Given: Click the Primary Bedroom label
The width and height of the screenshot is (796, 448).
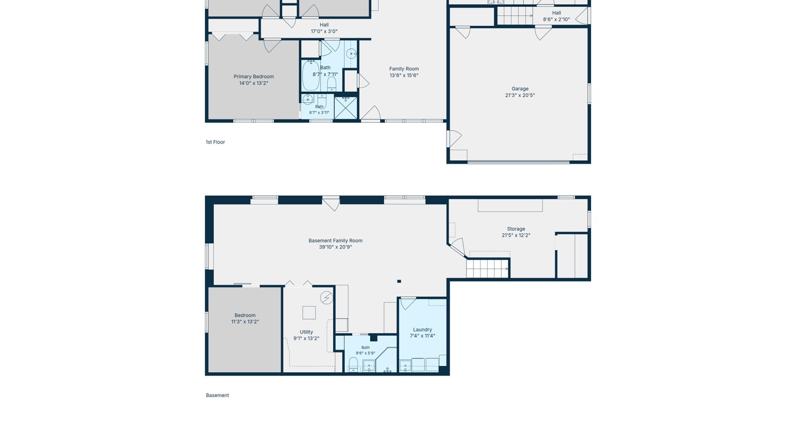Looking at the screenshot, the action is pos(254,77).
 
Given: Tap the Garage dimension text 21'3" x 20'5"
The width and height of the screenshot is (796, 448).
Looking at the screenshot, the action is pos(520,95).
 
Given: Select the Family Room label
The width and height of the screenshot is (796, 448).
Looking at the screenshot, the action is pos(404,69).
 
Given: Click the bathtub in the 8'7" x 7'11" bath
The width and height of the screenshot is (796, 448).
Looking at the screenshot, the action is pos(311,75).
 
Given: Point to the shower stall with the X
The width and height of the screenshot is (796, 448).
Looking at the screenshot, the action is pos(346,108).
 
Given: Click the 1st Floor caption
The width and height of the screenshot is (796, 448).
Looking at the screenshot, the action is pos(215,142).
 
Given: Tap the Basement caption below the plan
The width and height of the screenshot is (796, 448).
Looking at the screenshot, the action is pos(217,395).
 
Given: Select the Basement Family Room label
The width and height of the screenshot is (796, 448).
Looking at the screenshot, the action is pos(335,241).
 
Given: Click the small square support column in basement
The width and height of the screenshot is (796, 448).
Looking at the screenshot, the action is pos(399,281).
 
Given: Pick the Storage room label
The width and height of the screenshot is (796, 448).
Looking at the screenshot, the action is pos(516,229).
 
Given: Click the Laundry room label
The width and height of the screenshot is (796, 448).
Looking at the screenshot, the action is pos(422,330).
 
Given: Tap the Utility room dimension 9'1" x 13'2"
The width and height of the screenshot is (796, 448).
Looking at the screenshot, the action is pos(306,338).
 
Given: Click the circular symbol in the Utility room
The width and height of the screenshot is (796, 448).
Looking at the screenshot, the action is pos(327,298).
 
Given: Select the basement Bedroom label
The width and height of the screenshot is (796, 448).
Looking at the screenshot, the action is pos(245,315).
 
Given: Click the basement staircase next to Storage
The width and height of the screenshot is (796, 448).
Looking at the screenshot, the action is pos(488,268).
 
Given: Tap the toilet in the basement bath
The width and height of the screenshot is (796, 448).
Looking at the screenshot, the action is pos(353,365).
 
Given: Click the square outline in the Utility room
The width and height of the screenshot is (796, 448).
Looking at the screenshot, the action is pos(309,312).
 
